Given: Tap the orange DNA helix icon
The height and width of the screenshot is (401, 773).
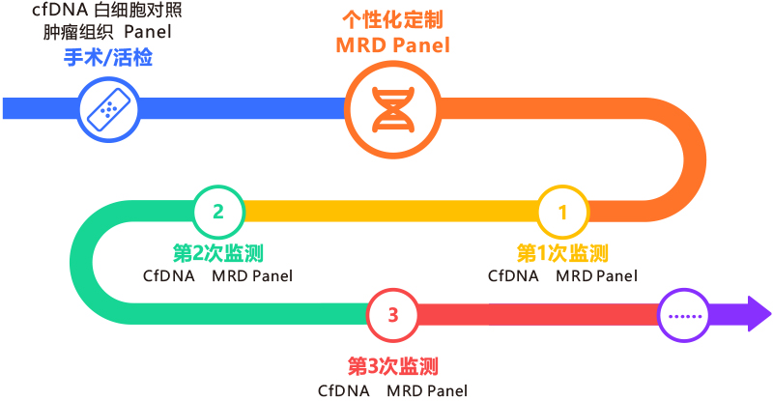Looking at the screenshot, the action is point(393,109).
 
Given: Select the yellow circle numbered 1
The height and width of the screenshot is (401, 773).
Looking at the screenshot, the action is point(562,212).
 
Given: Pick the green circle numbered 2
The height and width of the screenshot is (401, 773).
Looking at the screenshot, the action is point(218,212).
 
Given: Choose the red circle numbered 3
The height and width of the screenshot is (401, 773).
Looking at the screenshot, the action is point(392,315).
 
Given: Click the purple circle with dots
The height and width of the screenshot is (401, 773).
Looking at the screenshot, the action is point(684,315).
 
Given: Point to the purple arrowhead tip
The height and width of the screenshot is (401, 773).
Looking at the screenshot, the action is point(771,314).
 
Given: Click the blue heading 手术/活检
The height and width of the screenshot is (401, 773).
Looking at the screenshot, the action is point(108,58).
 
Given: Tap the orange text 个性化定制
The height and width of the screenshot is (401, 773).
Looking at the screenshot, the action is point(393,20).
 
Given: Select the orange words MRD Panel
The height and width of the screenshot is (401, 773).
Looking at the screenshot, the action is point(393,45).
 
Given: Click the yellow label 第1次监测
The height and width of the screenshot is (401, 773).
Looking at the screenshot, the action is point(562,253).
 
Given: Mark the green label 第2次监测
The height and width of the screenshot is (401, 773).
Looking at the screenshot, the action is point(218,253).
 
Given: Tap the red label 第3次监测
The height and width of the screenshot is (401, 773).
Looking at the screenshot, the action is point(393,366).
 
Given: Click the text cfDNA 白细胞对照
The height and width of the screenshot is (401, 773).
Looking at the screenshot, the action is point(107,11).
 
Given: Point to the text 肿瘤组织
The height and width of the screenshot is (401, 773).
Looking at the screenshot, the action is point(78,33).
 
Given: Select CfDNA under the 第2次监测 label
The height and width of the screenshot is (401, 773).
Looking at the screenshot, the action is point(168,276).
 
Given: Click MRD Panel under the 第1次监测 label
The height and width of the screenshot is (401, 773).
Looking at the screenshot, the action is point(596,276).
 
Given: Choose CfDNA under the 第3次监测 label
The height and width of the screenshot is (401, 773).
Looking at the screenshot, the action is point(344,391).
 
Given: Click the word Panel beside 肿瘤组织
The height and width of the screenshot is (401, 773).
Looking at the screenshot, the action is point(148,32).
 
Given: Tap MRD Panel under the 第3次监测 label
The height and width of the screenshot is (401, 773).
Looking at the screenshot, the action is point(427,391).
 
